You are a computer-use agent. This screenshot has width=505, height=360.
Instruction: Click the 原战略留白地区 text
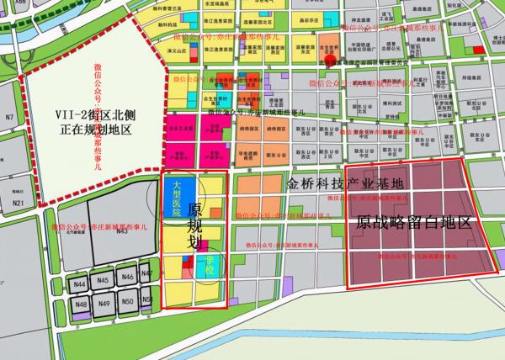pos(412,225)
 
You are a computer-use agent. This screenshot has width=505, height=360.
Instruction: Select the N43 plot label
pos(122,230)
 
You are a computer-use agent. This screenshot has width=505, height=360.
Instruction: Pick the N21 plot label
pos(18,204)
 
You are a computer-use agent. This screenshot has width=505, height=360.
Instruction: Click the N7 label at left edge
pos(10,117)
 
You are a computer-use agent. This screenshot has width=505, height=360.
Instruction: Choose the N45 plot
pos(104,280)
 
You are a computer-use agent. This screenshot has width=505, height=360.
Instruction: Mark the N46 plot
pos(127,277)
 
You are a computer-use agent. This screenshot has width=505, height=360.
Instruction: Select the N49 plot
pos(104,303)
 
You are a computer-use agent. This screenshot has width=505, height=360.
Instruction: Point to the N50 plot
pos(128,301)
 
